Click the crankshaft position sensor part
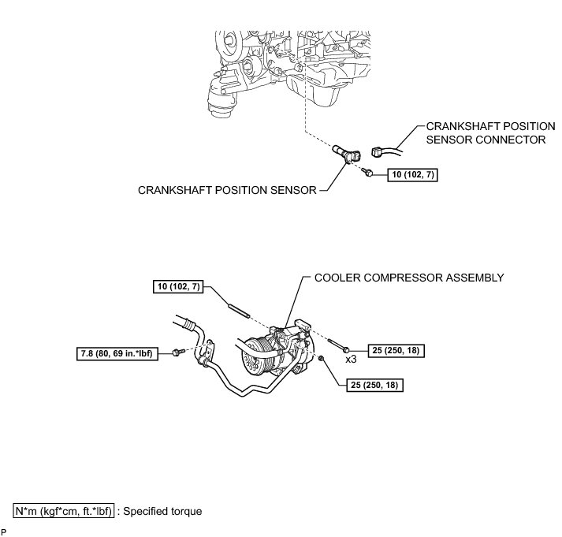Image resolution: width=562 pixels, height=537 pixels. [x=346, y=153]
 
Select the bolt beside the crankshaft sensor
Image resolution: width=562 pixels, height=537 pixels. [x=367, y=173]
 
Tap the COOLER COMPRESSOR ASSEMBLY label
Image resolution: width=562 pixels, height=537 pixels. [x=409, y=278]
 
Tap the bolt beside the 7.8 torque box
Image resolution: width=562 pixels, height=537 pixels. [x=178, y=354]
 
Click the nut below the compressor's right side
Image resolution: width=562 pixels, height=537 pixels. [x=325, y=360]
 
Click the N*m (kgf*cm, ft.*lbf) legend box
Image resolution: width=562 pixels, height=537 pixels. [x=64, y=511]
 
